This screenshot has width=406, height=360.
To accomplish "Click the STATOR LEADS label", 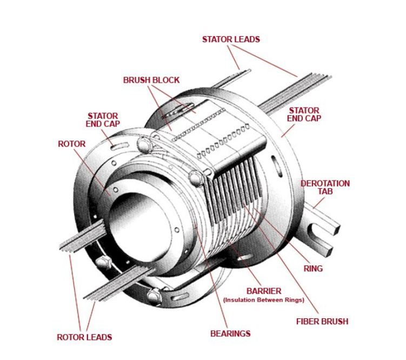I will tap(231, 39).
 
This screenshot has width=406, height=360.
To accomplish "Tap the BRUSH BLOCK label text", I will tap(151, 80).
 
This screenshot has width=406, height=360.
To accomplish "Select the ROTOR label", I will tap(71, 144).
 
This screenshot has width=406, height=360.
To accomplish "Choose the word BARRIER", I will tap(264, 291).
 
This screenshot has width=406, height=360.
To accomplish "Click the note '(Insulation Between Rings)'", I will tap(263, 300).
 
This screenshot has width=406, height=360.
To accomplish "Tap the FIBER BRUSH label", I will tap(322, 321).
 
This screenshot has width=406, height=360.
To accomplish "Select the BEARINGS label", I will tap(230, 334).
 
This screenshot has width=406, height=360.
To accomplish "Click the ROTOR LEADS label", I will tap(84, 337).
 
